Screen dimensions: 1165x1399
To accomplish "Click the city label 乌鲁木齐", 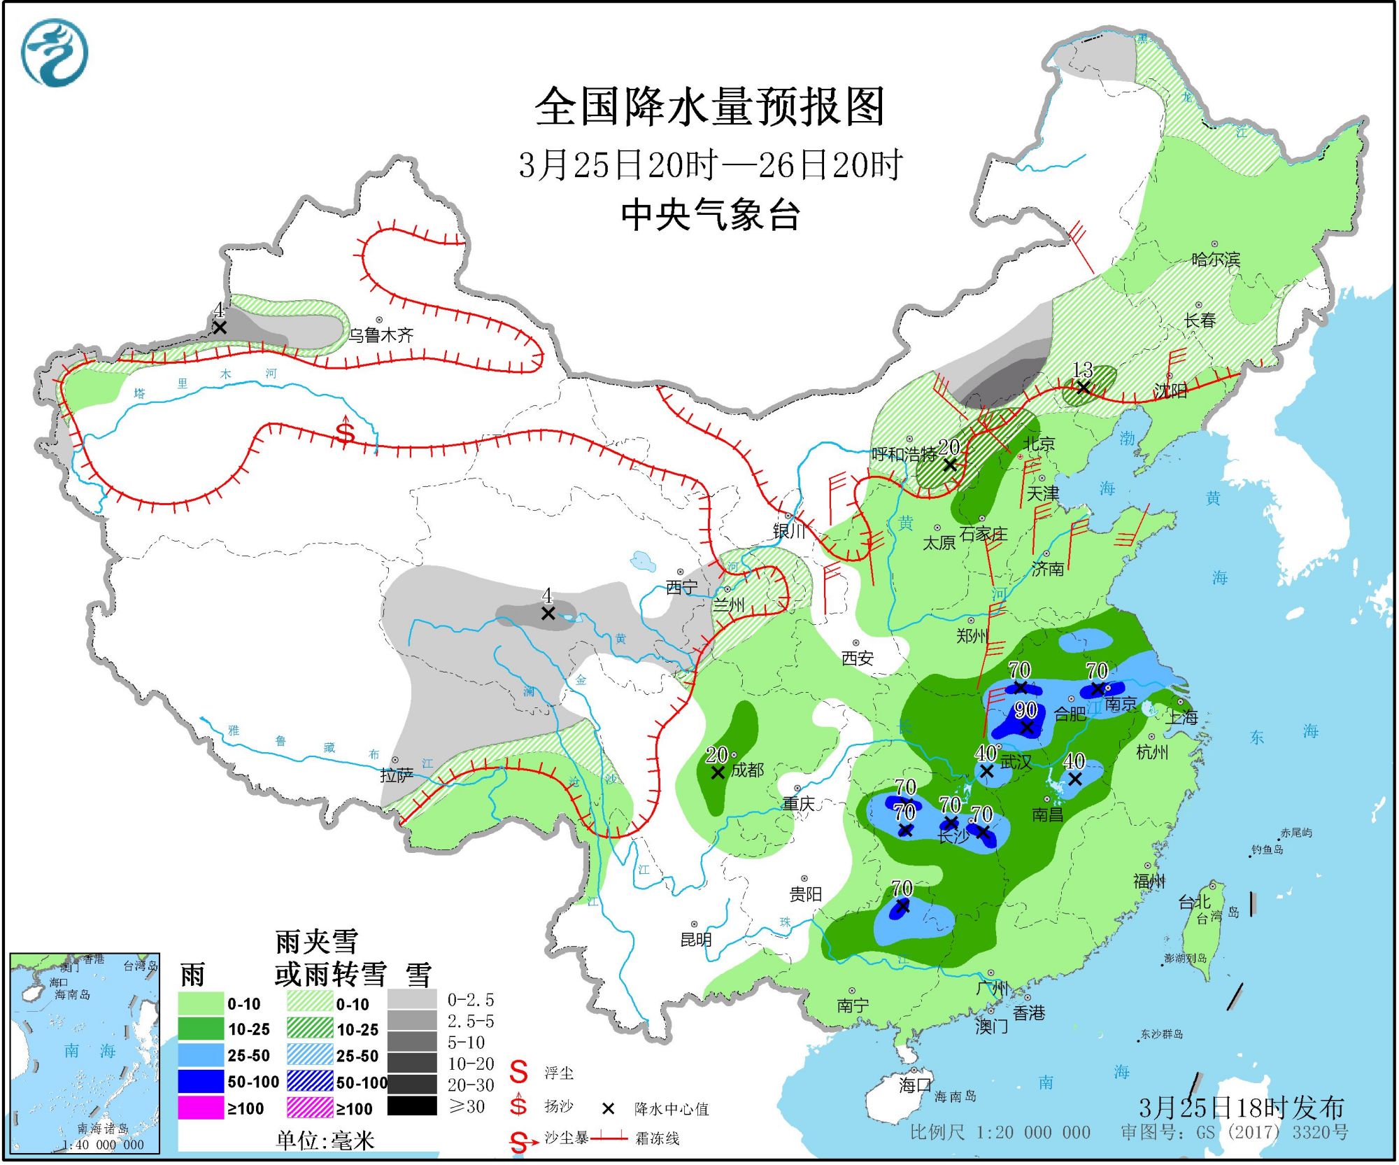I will coord(381,335).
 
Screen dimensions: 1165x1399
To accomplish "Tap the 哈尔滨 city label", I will coord(1216,260).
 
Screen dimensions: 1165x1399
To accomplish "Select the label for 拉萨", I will coord(397,775).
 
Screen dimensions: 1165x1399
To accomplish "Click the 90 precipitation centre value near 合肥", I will coord(1025,709).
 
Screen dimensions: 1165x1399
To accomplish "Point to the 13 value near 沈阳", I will coord(1082,369).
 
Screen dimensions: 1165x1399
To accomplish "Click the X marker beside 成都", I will coord(718,772).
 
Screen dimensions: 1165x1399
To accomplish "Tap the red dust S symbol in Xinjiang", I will coord(345,432).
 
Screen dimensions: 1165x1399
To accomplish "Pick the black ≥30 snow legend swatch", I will coord(412,1106).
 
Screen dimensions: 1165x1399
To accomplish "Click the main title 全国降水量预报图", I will coord(709,107).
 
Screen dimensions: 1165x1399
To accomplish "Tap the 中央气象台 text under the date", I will coord(709,215).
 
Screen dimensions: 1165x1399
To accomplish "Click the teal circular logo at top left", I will coord(55,53).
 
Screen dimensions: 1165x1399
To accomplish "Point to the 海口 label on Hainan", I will coord(916,1085).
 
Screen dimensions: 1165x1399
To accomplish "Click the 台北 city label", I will coord(1194,903).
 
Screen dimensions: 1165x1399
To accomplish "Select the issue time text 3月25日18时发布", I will coord(1241,1108).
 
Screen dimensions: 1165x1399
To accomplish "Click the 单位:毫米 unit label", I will coord(325,1141).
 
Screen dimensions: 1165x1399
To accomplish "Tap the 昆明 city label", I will coord(696,940).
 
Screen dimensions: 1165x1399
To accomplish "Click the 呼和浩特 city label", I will coord(904,455).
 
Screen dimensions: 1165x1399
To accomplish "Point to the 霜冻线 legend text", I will coord(657,1138).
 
